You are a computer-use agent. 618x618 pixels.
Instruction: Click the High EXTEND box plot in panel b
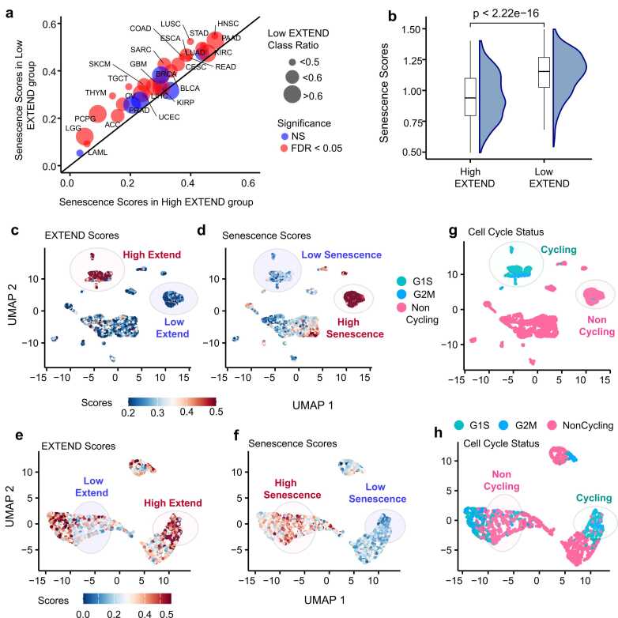point(470,97)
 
